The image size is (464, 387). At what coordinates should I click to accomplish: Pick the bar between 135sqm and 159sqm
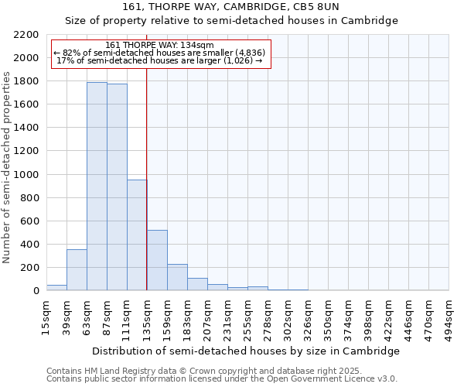(157, 260)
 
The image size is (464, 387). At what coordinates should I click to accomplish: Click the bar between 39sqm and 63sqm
(77, 270)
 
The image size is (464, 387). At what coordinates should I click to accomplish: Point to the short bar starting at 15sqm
(56, 287)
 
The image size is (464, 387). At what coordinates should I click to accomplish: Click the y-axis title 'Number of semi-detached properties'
(8, 167)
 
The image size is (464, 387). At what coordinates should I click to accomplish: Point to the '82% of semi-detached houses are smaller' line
(159, 53)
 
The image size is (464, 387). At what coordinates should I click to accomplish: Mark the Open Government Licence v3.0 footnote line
(222, 378)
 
